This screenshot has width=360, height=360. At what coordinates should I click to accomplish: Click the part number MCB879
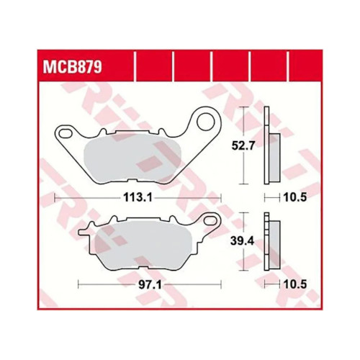(x=73, y=67)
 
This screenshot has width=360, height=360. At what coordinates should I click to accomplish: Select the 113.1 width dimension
(x=138, y=198)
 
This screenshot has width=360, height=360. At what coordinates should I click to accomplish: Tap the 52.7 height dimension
(x=243, y=145)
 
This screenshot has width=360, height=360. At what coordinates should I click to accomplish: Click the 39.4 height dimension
(x=242, y=241)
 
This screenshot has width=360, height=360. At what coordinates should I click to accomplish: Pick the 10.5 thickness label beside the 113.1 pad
(x=295, y=198)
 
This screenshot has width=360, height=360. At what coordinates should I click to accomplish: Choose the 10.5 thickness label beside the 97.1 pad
(x=295, y=285)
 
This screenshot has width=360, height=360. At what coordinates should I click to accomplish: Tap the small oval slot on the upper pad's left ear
(x=66, y=133)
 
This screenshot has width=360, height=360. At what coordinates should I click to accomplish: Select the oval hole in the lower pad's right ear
(x=210, y=220)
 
